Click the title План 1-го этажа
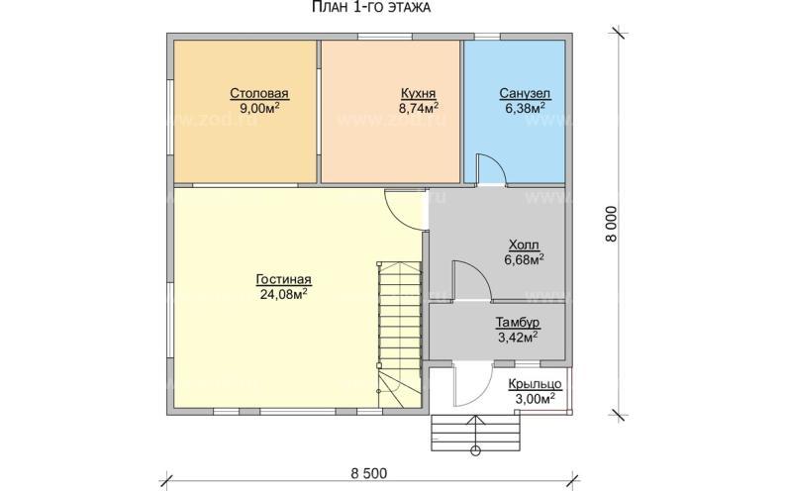click(x=371, y=7)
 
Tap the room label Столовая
click(x=259, y=93)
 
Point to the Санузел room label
click(x=525, y=93)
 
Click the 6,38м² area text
click(x=525, y=108)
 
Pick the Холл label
click(x=524, y=245)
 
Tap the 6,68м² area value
click(x=525, y=259)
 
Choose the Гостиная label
click(x=283, y=279)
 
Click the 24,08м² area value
click(x=284, y=294)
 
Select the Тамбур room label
click(x=518, y=323)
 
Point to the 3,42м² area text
click(x=518, y=337)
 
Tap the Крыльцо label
click(x=535, y=384)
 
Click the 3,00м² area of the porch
click(x=535, y=399)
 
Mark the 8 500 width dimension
click(x=369, y=473)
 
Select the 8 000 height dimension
click(x=611, y=224)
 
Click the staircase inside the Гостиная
click(x=400, y=334)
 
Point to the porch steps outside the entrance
click(x=474, y=434)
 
